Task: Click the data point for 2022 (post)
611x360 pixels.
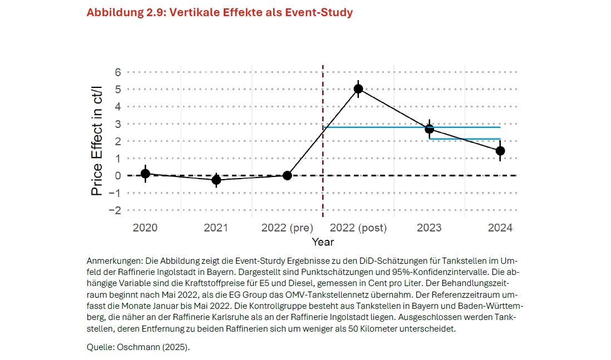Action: [x=358, y=89]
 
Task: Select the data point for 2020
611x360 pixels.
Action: [x=145, y=174]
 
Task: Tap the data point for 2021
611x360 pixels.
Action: [x=216, y=180]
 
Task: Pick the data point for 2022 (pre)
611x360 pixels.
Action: [x=287, y=175]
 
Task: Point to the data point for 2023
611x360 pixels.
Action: [x=430, y=129]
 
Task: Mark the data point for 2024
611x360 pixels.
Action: [x=500, y=151]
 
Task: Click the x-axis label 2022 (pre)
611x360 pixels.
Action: [x=287, y=228]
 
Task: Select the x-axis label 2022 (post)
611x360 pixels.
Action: [x=358, y=228]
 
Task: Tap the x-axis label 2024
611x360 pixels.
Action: [x=500, y=228]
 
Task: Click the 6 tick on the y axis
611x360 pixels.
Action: [x=117, y=72]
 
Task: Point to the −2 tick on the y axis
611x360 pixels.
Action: [x=115, y=210]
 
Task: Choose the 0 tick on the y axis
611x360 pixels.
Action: [x=117, y=176]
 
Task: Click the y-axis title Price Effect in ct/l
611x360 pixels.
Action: [x=96, y=141]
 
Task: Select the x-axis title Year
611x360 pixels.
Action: [x=323, y=242]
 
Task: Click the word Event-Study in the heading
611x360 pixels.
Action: [x=319, y=12]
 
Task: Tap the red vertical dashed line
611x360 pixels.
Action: [x=323, y=141]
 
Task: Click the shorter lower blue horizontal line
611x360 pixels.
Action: [x=465, y=139]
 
